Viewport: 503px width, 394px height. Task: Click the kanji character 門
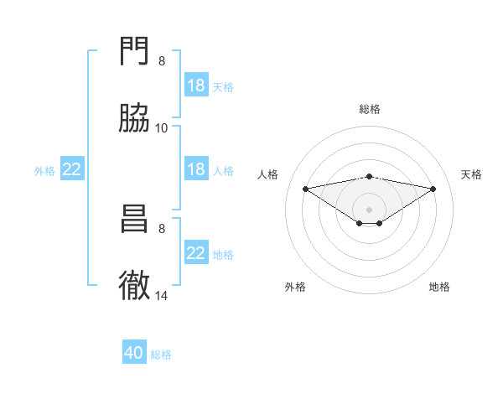pos(135,53)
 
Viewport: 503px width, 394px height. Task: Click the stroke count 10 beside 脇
pos(162,127)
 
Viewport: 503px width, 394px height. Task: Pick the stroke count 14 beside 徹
pos(162,295)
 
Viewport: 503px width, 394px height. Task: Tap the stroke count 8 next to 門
pos(162,61)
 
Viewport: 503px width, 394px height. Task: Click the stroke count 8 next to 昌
pos(162,228)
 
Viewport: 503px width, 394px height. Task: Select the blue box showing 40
pos(134,354)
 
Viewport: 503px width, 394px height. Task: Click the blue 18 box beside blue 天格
pos(196,86)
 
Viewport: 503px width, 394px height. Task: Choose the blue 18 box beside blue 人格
pos(196,169)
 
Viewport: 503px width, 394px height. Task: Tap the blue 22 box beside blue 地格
pos(196,253)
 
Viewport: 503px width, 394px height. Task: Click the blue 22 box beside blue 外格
pos(72,169)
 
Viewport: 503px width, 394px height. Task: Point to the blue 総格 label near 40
pos(161,355)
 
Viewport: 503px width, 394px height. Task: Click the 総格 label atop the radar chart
pos(370,109)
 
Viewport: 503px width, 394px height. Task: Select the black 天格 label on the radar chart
pos(471,174)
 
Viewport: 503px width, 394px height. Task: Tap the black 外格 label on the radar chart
pos(295,287)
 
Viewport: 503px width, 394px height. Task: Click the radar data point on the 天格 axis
pos(433,189)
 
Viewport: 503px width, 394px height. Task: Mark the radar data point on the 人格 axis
pos(306,189)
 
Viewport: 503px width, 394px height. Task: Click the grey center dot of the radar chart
pos(370,209)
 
